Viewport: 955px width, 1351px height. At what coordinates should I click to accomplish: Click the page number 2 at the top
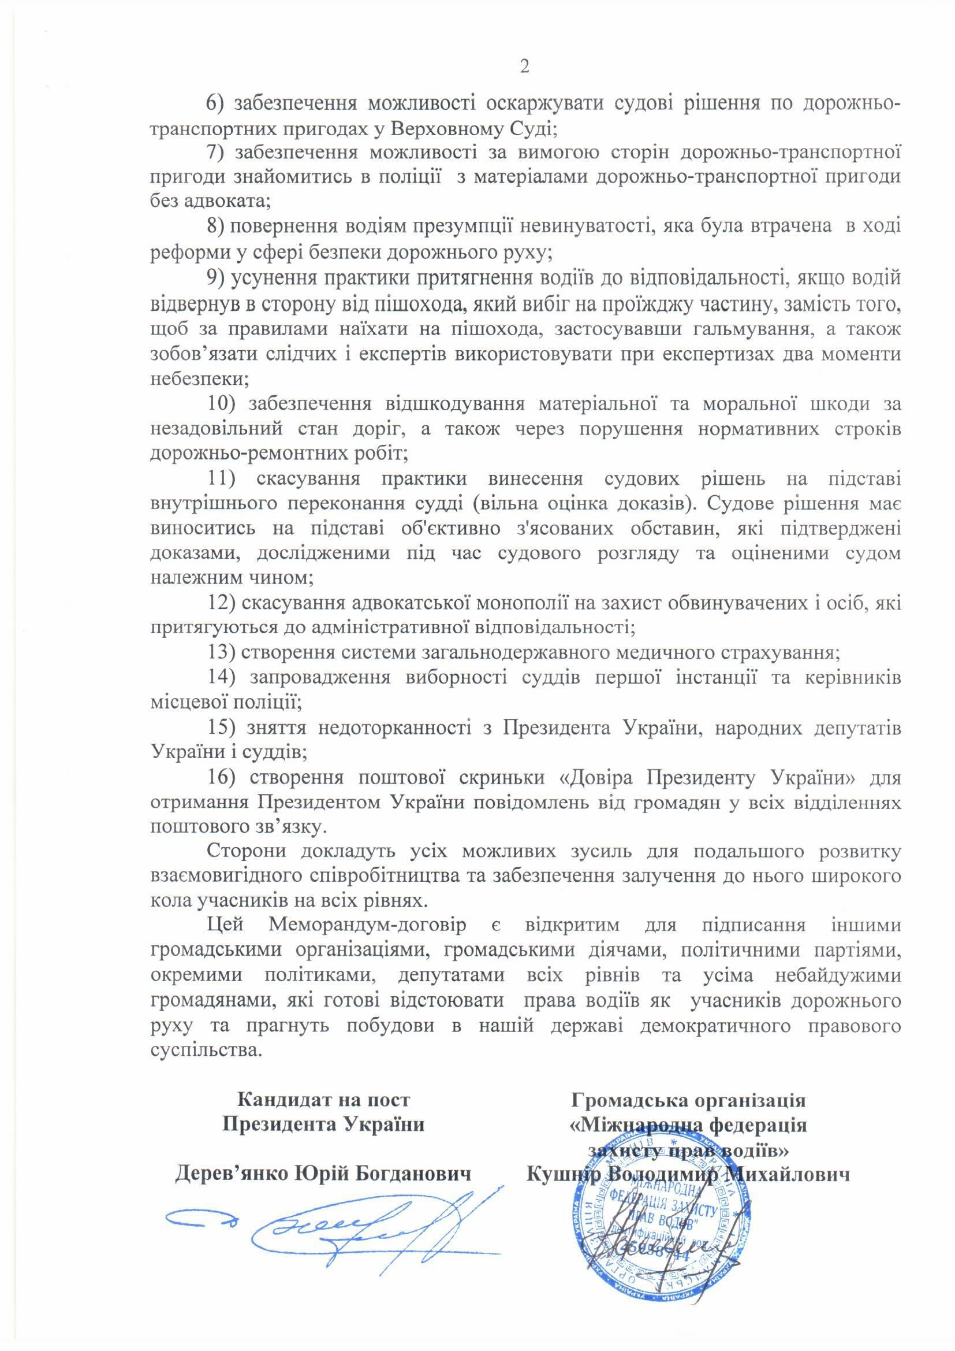click(x=524, y=66)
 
